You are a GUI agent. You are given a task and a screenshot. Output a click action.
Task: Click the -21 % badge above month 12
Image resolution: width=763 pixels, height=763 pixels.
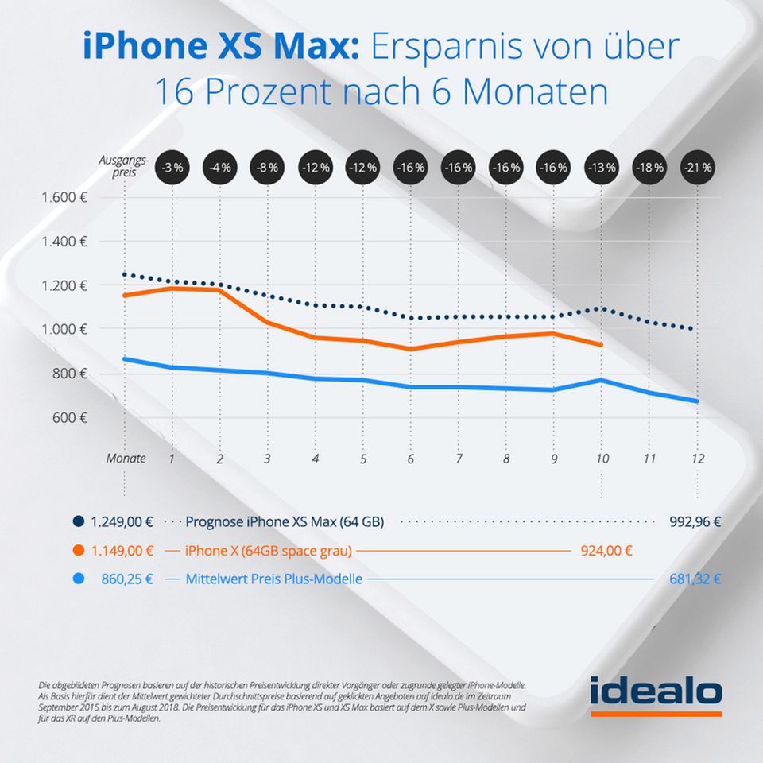(697, 168)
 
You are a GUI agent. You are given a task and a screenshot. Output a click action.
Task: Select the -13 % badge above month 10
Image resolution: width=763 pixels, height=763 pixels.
(602, 168)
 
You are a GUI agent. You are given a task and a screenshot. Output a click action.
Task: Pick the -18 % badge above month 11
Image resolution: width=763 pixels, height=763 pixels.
(649, 168)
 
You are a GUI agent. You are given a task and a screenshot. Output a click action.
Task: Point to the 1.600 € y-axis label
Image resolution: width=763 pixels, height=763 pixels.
(64, 197)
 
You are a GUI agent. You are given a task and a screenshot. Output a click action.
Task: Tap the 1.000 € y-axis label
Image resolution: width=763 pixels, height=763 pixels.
(64, 329)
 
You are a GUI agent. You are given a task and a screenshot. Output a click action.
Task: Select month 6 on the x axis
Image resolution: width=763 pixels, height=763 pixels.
(411, 459)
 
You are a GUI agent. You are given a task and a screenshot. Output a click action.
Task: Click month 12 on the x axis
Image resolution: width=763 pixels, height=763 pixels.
(697, 459)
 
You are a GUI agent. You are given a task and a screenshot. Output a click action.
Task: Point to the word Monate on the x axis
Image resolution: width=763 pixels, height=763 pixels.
(126, 459)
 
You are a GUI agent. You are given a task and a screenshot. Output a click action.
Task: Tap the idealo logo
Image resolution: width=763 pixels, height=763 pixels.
(656, 694)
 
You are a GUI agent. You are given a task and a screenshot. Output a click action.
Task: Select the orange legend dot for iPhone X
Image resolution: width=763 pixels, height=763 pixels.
(78, 550)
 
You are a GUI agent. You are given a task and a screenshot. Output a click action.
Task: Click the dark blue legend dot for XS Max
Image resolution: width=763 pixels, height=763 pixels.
(78, 522)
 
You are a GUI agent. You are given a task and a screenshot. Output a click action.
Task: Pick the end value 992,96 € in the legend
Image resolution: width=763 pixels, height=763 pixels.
(691, 522)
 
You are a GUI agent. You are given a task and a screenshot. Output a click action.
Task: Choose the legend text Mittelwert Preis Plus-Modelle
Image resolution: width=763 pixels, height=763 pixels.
(273, 579)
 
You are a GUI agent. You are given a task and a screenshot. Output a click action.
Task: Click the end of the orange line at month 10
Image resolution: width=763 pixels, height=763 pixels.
(602, 345)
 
